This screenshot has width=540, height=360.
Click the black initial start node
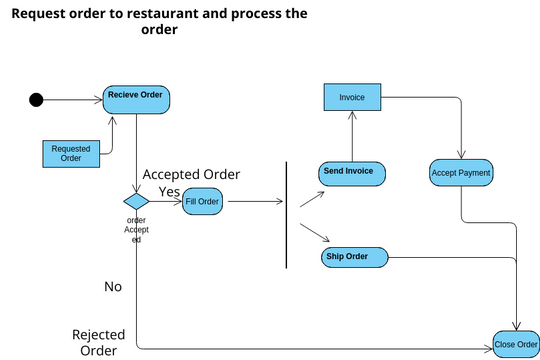coord(37,99)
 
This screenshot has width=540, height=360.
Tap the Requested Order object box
coord(70,153)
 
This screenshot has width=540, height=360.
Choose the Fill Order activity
coord(201,201)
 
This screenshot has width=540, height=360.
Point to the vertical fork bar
coord(287,215)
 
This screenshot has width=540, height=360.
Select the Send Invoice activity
coord(350,172)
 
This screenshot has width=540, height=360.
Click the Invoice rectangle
coord(352,98)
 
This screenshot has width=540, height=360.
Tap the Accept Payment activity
coord(461,173)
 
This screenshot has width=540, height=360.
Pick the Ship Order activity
coord(352,258)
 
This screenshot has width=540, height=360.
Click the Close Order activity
coord(516,345)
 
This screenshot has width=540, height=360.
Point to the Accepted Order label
coord(191,173)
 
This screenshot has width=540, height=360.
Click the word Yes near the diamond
coord(169,191)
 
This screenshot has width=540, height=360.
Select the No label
coord(113,287)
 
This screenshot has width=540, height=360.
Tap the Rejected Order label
coord(98,342)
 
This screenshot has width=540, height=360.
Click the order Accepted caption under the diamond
coord(137,230)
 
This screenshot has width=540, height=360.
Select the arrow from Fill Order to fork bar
coord(254,201)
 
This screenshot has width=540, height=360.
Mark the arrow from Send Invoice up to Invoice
coord(351,135)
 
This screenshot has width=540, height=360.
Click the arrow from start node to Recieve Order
coord(74,99)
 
